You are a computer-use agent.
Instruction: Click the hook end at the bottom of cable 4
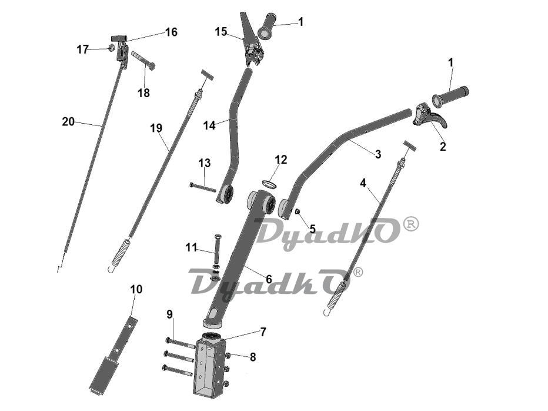click(x=326, y=312)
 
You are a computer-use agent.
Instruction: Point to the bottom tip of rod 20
click(x=58, y=271)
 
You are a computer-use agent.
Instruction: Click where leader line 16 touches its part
click(x=125, y=41)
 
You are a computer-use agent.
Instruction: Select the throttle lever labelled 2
click(x=430, y=117)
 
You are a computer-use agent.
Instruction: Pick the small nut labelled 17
click(x=112, y=48)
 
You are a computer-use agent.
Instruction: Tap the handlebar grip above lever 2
click(x=450, y=95)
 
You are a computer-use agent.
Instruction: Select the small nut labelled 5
click(x=298, y=211)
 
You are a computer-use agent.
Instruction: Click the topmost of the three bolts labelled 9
click(x=180, y=342)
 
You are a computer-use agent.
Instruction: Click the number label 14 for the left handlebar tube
click(x=209, y=125)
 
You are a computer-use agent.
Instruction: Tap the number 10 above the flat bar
click(x=136, y=289)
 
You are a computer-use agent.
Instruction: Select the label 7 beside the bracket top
click(x=263, y=332)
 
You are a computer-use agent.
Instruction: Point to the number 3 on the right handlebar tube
click(x=378, y=154)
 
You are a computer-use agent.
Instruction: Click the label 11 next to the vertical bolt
click(x=191, y=247)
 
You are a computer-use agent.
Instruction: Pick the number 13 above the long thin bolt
click(x=205, y=163)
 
